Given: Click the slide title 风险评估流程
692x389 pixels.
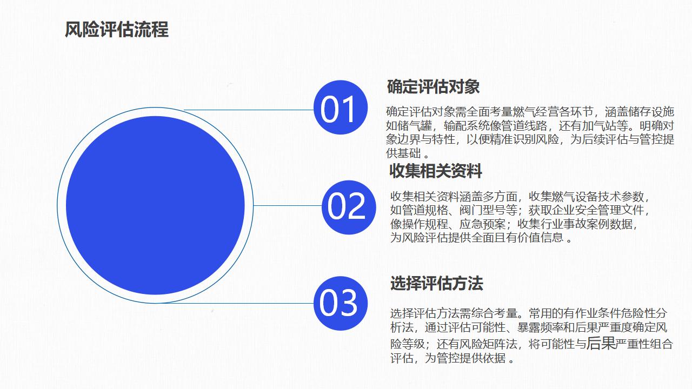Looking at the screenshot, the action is coord(116,30).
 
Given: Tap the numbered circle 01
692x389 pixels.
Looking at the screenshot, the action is coord(341,108).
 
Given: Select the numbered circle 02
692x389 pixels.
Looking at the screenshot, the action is coord(349,207).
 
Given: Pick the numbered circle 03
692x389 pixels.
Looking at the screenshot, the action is coord(341,303).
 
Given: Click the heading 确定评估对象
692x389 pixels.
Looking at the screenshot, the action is coord(433,86).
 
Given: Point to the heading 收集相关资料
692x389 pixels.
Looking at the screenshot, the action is coord(436,171).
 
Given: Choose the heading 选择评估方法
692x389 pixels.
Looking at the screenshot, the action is coord(436,283).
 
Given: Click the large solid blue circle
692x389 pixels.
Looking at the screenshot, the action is coord(155,205).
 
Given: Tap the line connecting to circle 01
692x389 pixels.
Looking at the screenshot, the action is coord(249,110).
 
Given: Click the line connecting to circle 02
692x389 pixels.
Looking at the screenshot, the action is coord(288,205).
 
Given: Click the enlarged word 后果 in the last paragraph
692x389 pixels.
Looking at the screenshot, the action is coord(601,343).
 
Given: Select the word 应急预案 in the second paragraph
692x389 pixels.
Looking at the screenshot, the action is coord(482,224).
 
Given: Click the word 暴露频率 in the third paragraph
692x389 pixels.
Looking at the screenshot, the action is coord(540,327).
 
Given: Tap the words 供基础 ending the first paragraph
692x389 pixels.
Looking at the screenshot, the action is coord(403,153).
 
